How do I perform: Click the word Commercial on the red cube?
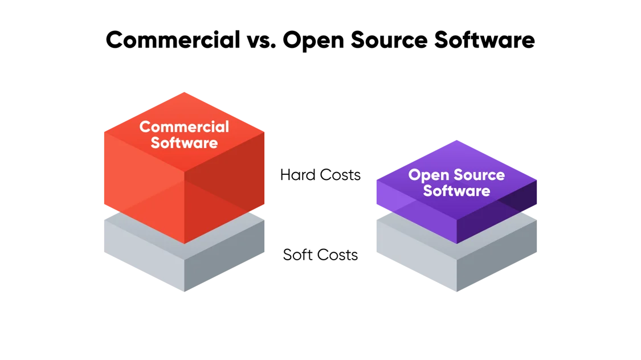click(x=184, y=126)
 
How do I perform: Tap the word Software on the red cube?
click(x=184, y=142)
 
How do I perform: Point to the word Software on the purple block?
click(x=456, y=191)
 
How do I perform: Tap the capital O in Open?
click(x=415, y=175)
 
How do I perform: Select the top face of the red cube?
click(x=184, y=108)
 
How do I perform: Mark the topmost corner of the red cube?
click(x=184, y=92)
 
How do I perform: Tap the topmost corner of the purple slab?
click(x=456, y=138)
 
